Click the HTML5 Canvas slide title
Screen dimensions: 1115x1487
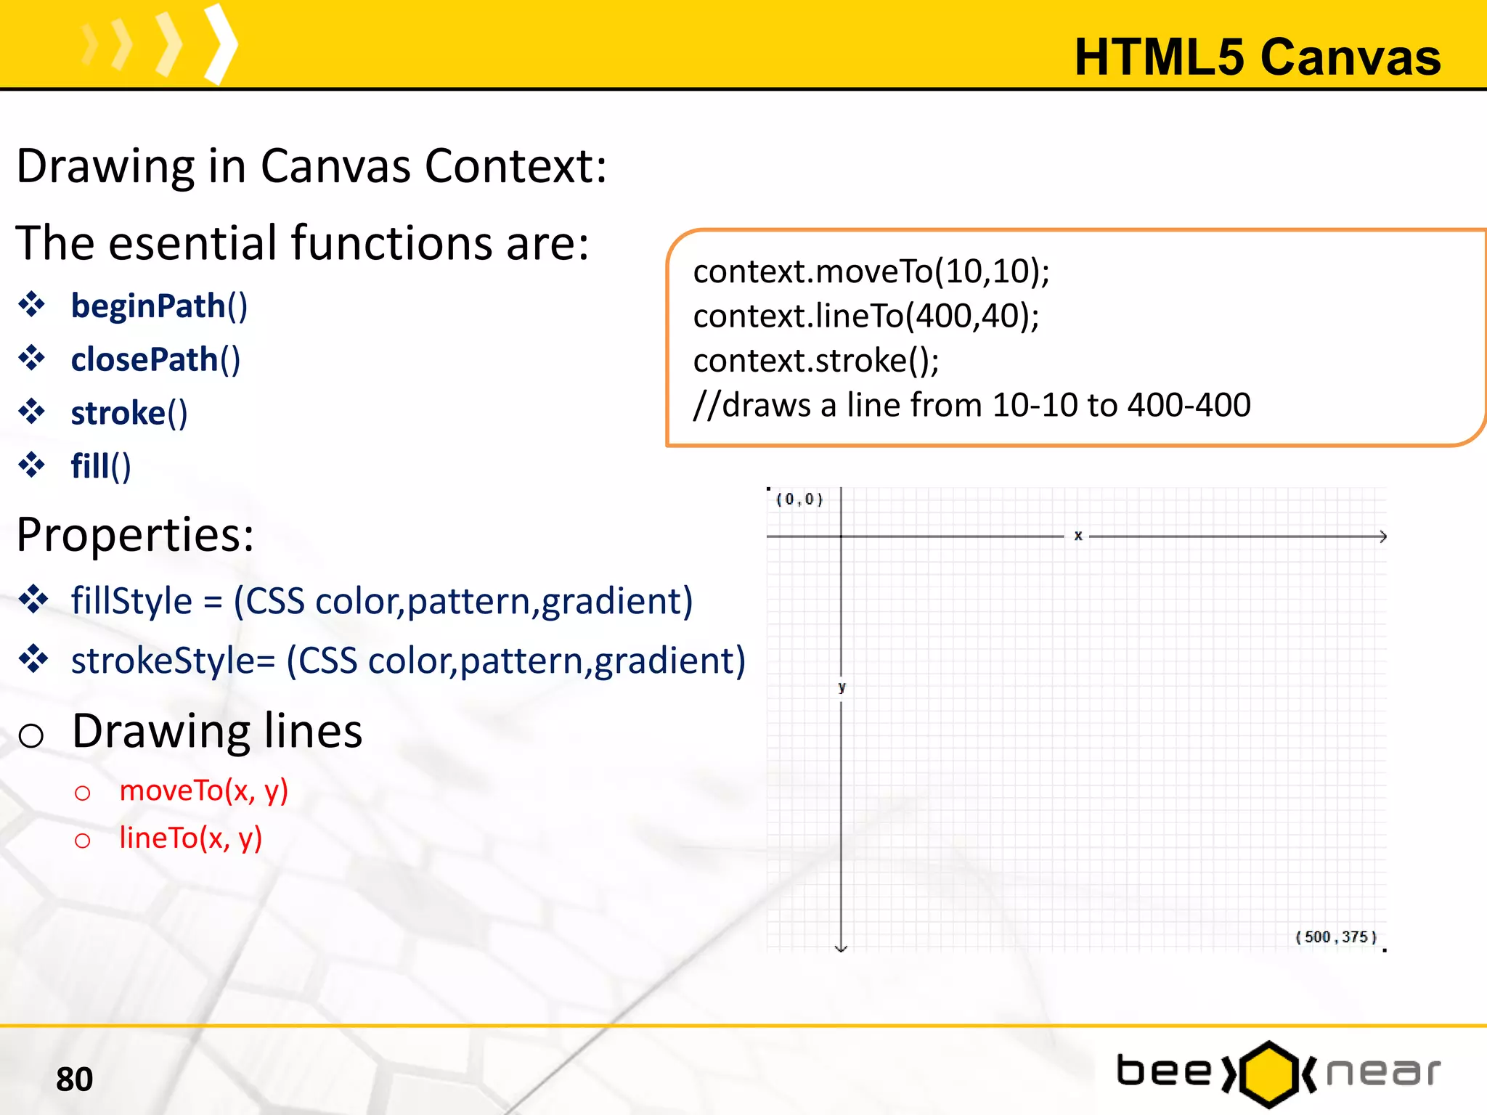[x=1257, y=57]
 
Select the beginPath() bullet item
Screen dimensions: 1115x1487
[x=158, y=306]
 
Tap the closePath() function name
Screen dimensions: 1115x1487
[x=155, y=359]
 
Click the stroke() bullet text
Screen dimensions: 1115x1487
[x=129, y=413]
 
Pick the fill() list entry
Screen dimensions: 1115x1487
[x=100, y=466]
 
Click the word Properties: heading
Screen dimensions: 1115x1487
[x=135, y=535]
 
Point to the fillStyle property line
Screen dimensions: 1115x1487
[x=381, y=601]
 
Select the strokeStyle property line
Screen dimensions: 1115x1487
[x=407, y=661]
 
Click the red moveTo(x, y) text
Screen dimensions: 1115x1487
[x=203, y=790]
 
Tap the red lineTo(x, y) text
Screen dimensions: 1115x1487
[x=190, y=838]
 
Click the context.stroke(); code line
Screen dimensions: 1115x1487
[x=815, y=361]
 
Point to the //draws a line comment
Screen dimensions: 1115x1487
[x=971, y=405]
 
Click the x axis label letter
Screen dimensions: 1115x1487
[x=1078, y=536]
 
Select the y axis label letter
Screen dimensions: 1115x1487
[x=842, y=687]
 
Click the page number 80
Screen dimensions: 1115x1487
[x=74, y=1079]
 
